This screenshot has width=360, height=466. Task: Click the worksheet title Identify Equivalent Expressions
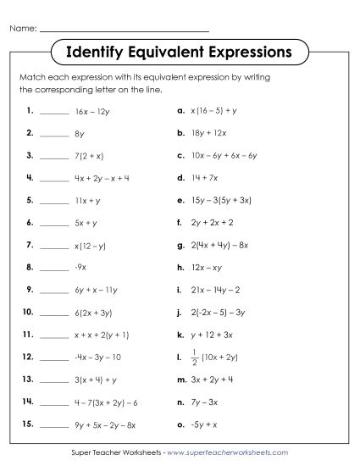pyautogui.click(x=179, y=53)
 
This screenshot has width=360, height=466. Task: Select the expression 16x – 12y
pyautogui.click(x=93, y=110)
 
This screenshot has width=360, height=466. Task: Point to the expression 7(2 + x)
pyautogui.click(x=90, y=155)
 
